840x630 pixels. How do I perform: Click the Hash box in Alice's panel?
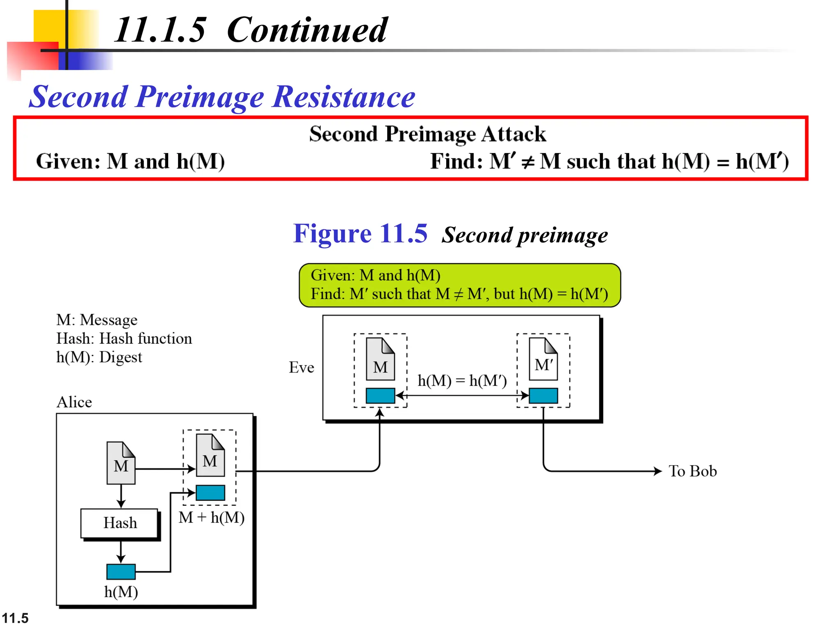[x=119, y=523]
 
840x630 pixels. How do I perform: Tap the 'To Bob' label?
[x=692, y=471]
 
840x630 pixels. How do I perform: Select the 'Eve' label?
[x=301, y=367]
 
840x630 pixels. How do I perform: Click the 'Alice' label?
[x=74, y=402]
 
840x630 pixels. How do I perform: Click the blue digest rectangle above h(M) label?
[x=121, y=571]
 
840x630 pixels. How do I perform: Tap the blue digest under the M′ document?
[x=543, y=396]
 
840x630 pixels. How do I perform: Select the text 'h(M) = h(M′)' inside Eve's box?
[x=462, y=381]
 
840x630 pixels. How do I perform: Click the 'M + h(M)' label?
[x=212, y=518]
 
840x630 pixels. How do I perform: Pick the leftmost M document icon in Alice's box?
[x=121, y=463]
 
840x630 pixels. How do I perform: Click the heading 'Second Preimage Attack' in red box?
[x=427, y=134]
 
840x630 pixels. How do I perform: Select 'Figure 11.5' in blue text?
[x=360, y=234]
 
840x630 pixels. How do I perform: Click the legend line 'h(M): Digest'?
[x=99, y=357]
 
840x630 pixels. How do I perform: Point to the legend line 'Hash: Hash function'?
[x=124, y=338]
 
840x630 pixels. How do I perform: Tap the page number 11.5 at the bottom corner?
[x=15, y=618]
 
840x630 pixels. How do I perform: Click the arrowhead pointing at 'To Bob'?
[x=657, y=471]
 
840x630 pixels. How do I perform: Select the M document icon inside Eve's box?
[x=380, y=359]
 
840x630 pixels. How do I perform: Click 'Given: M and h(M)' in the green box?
[x=375, y=275]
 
